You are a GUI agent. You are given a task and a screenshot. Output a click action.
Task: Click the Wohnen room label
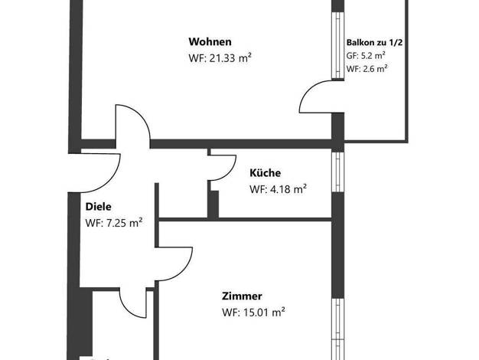click(210, 41)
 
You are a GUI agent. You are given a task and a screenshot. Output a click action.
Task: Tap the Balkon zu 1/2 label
click(374, 43)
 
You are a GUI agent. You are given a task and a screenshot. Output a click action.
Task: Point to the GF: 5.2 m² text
click(366, 56)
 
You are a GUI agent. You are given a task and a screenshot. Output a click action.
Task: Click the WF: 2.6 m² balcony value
click(367, 68)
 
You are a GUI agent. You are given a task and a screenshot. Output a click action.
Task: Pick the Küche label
click(266, 173)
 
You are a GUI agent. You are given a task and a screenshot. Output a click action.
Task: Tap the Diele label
click(99, 207)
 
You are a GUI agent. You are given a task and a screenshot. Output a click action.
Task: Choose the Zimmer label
click(242, 296)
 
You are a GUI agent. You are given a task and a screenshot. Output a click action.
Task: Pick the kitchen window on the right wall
click(338, 172)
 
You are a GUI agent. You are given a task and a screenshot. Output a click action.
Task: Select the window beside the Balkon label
click(338, 45)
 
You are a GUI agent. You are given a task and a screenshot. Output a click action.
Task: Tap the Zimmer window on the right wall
click(338, 329)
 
